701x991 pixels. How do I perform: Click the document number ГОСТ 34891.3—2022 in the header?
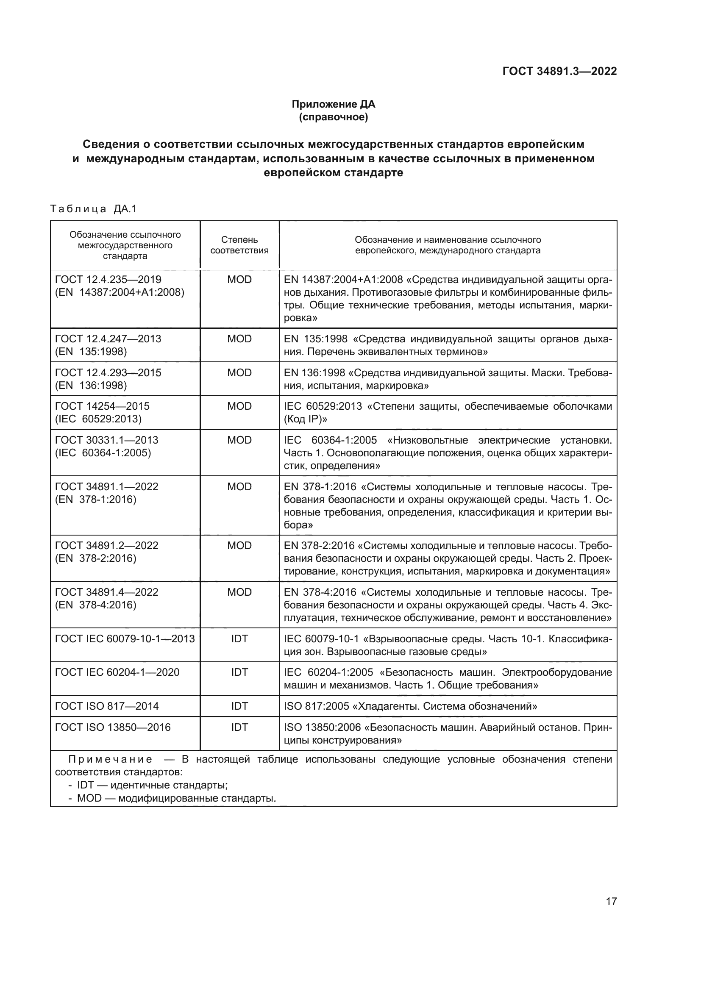(559, 71)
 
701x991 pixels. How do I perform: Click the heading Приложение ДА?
(333, 104)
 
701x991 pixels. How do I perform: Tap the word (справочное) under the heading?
(333, 117)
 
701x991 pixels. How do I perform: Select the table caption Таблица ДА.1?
(93, 209)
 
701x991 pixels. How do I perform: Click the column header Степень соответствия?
(239, 245)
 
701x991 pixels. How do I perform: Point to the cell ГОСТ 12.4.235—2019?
(108, 280)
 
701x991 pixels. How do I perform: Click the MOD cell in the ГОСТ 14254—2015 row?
(239, 406)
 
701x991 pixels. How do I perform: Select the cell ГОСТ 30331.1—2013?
(107, 440)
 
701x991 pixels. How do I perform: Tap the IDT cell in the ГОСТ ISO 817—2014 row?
(239, 706)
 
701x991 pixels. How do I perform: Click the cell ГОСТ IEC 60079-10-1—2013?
(125, 639)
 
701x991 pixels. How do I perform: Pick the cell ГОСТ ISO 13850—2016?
(113, 727)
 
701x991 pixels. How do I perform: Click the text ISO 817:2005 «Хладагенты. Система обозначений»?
(410, 706)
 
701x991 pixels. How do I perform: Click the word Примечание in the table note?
(110, 759)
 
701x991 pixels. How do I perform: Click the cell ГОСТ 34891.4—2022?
(107, 592)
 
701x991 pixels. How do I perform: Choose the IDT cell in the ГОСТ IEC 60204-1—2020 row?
(239, 672)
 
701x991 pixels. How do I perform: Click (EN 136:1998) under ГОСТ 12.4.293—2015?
(91, 386)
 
